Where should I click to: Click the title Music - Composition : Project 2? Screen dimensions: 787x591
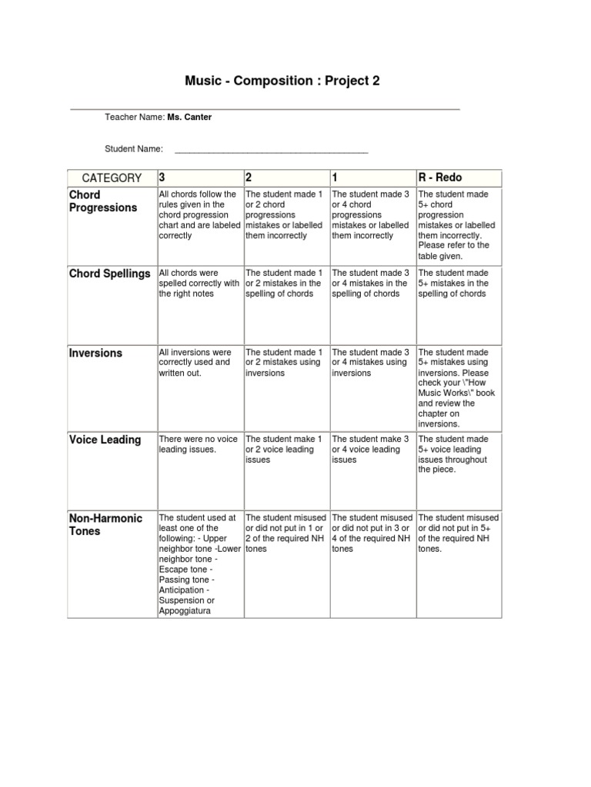(x=282, y=81)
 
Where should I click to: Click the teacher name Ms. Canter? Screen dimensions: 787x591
(x=189, y=117)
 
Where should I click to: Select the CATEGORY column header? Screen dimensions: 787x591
(x=112, y=178)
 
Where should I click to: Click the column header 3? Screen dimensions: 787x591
(x=162, y=178)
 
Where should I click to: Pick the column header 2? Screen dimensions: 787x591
(x=249, y=178)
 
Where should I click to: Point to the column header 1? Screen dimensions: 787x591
(x=336, y=178)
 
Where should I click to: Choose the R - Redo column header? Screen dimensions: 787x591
(x=440, y=178)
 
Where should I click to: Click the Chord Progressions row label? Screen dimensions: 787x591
(x=103, y=201)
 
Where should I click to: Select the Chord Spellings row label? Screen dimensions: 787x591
(x=110, y=274)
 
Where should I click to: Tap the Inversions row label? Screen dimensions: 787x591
(x=95, y=354)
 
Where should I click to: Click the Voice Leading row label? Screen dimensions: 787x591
(x=105, y=440)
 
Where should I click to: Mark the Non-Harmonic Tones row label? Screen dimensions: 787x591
(x=105, y=525)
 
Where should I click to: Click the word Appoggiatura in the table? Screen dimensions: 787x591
(x=185, y=611)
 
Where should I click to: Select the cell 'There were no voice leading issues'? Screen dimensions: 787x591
(x=199, y=444)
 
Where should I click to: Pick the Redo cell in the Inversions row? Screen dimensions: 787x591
(x=458, y=387)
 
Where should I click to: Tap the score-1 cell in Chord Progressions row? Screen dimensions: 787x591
(x=372, y=215)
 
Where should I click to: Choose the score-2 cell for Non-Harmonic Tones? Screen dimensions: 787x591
(x=285, y=533)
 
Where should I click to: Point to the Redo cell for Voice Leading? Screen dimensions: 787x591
(x=458, y=454)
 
